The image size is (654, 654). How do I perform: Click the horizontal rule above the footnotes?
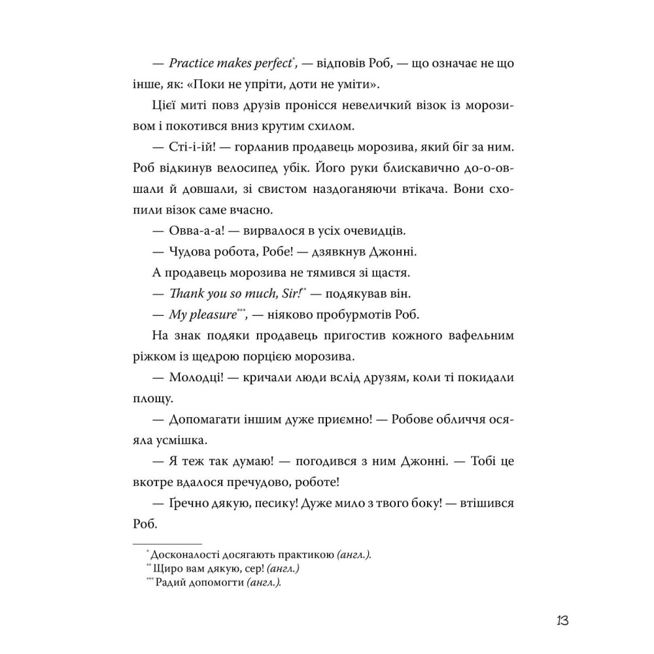click(167, 544)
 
